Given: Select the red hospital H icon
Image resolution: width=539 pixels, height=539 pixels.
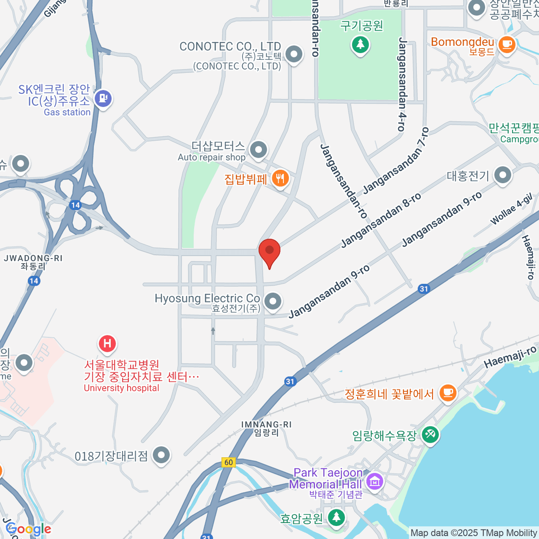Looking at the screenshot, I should pos(107,344).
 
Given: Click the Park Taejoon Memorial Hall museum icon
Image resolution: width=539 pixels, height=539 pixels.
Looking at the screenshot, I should pos(374,482).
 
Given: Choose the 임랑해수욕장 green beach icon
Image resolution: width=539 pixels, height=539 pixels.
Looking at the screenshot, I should pos(430,434).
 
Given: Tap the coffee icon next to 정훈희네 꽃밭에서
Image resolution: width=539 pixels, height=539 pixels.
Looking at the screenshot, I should pos(447,393).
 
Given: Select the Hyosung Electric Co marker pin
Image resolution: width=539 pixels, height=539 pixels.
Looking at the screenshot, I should pos(273,302).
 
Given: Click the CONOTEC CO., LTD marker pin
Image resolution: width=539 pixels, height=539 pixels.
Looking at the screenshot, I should pos(294,55).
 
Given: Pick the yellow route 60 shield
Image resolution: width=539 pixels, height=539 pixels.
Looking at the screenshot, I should pos(229,462).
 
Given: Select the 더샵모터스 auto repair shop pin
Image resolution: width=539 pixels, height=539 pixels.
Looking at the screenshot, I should pos(258,150).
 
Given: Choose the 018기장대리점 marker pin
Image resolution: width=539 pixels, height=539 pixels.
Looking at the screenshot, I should pos(161,455).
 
